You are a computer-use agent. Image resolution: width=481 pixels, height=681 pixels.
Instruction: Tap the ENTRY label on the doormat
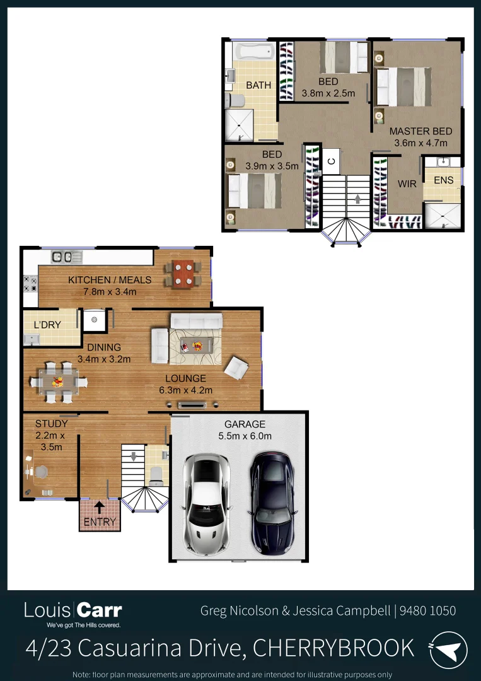pos(100,521)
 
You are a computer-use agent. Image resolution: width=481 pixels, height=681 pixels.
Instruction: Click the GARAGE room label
pos(245,424)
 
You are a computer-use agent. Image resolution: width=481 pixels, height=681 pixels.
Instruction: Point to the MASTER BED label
pos(420,131)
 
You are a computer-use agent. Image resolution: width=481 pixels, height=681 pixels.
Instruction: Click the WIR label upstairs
pos(407,184)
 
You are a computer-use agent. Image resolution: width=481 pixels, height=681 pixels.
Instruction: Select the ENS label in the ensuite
pos(443,180)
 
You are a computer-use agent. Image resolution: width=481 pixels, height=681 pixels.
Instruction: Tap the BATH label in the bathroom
pos(258,85)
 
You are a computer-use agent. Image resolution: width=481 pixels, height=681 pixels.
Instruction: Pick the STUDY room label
pos(51,424)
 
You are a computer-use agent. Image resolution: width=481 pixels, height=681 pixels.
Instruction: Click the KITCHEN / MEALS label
pos(110,280)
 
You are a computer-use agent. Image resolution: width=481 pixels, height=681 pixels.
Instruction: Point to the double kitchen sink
pos(67,257)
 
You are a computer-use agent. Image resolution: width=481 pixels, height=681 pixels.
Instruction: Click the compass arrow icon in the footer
pos(449,650)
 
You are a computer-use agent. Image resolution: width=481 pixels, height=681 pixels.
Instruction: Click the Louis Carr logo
pos(73,610)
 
